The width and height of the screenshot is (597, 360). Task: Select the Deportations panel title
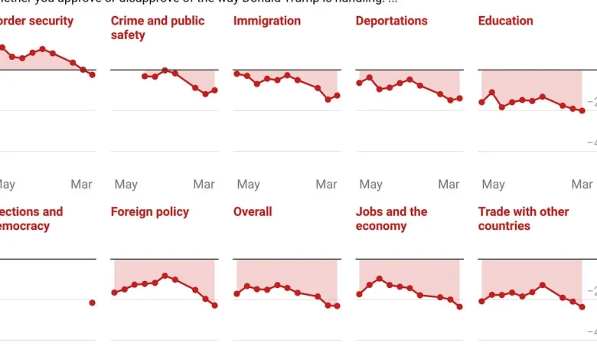391,21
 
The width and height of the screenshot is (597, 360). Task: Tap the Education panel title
505,21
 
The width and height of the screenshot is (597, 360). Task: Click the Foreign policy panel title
149,211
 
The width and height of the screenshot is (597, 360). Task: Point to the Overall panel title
253,211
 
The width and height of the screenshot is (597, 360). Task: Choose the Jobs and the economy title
391,218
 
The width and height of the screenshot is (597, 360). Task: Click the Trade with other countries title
522,218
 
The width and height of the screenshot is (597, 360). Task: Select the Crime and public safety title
158,28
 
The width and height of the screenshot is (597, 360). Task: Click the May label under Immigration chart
248,185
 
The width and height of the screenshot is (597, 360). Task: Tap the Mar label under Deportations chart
449,185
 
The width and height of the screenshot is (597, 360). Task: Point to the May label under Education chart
493,185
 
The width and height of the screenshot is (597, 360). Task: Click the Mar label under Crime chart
204,185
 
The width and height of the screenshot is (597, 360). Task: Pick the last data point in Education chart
582,111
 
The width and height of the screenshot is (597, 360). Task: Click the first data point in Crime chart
145,76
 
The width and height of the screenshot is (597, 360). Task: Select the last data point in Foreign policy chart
215,306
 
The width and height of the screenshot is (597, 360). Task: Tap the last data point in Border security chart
93,74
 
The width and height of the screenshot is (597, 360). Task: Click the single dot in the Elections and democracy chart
93,303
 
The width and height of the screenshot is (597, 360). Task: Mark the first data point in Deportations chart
359,83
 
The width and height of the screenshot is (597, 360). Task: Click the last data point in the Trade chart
582,307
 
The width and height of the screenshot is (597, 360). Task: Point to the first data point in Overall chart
237,294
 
